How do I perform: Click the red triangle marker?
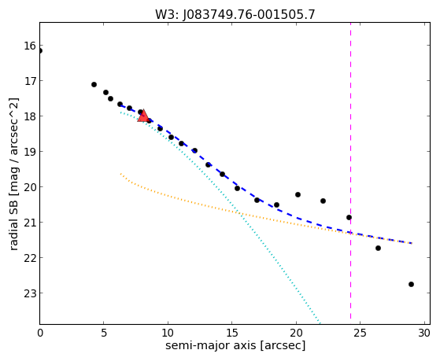143,116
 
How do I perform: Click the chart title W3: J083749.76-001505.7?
235,14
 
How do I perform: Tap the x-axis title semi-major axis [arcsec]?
235,345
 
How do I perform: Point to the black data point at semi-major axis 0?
40,51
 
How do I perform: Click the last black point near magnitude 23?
411,285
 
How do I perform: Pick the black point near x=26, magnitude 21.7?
378,249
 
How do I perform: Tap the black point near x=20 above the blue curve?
298,195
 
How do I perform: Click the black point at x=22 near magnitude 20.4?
323,201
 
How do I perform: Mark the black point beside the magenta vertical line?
349,217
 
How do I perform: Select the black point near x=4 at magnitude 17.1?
94,84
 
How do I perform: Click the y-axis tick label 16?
30,46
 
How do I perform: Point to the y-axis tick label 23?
30,293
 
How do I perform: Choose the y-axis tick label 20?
30,187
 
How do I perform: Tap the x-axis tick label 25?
360,333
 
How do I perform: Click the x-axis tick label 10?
168,333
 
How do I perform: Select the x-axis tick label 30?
424,333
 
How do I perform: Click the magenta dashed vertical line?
350,173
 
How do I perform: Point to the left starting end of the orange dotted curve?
120,174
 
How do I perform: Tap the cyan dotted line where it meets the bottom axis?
320,323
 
